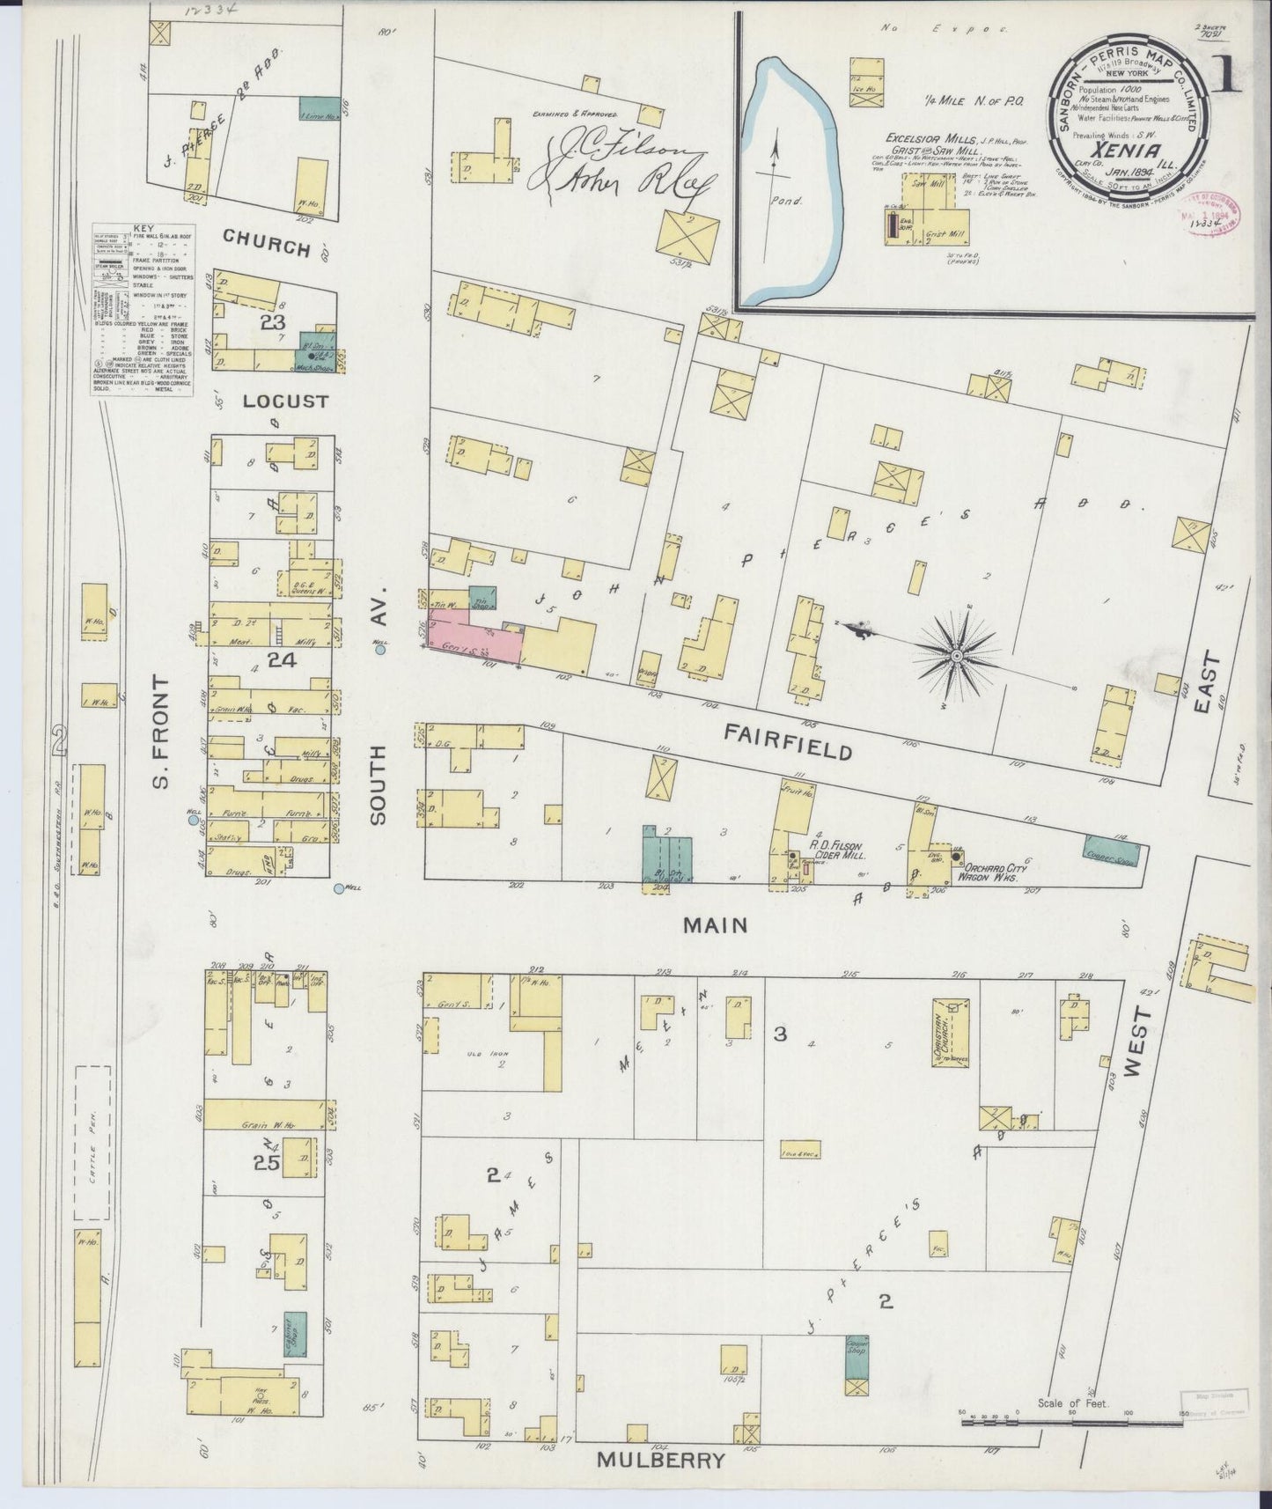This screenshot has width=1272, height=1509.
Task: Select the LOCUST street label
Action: coord(273,401)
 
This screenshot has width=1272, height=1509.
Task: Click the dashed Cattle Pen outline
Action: coord(92,1142)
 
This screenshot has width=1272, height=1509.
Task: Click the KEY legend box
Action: coord(143,310)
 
